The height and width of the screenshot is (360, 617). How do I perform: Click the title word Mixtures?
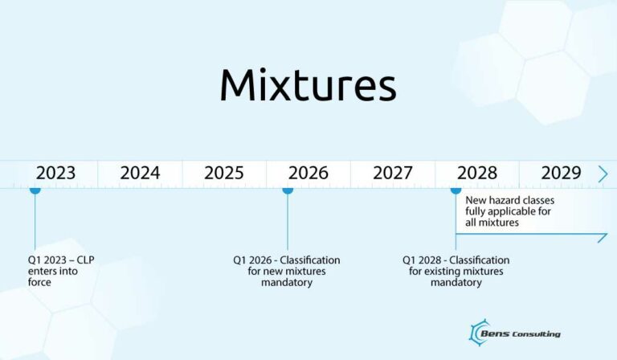[x=308, y=85]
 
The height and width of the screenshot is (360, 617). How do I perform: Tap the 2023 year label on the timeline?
[x=55, y=173]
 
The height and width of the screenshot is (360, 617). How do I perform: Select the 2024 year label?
[x=140, y=173]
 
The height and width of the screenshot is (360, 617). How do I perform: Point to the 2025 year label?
[x=224, y=173]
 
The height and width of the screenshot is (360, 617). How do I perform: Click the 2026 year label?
[x=308, y=173]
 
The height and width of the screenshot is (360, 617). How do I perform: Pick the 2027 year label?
[x=393, y=173]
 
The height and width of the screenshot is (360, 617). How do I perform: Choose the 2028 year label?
[x=477, y=173]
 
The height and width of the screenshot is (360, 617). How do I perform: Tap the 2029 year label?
[x=561, y=173]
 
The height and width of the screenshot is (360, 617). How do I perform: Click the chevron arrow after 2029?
[x=603, y=173]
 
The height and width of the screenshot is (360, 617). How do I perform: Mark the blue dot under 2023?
[x=35, y=190]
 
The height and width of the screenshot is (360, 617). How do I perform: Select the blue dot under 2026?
[x=288, y=190]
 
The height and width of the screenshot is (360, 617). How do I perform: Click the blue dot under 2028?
[x=456, y=190]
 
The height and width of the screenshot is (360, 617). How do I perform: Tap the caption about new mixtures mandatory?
[x=287, y=272]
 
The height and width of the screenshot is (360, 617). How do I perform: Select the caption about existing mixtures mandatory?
[x=456, y=272]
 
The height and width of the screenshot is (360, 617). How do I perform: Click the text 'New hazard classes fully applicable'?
[x=509, y=211]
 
